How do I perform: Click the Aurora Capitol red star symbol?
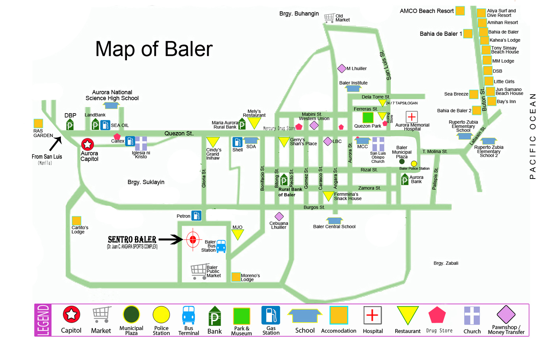click(88, 144)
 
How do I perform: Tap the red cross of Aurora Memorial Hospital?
click(412, 117)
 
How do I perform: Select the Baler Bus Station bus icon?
click(221, 246)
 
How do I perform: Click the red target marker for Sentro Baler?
click(193, 240)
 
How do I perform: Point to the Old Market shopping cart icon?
click(329, 18)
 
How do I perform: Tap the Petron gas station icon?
click(196, 216)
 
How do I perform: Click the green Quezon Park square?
click(368, 118)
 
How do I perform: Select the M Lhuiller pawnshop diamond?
click(342, 68)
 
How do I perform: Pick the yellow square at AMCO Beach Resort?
click(460, 11)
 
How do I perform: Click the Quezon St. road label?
click(178, 134)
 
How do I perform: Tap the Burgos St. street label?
click(314, 207)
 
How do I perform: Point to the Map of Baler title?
click(154, 49)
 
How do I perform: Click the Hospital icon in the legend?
click(372, 315)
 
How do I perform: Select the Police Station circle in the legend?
click(161, 315)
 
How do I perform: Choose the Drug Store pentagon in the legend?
click(437, 315)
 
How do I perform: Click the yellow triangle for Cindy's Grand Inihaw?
click(213, 142)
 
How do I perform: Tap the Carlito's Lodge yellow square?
click(76, 221)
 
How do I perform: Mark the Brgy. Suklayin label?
click(146, 182)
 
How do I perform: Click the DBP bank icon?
click(70, 125)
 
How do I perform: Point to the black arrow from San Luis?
click(55, 143)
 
